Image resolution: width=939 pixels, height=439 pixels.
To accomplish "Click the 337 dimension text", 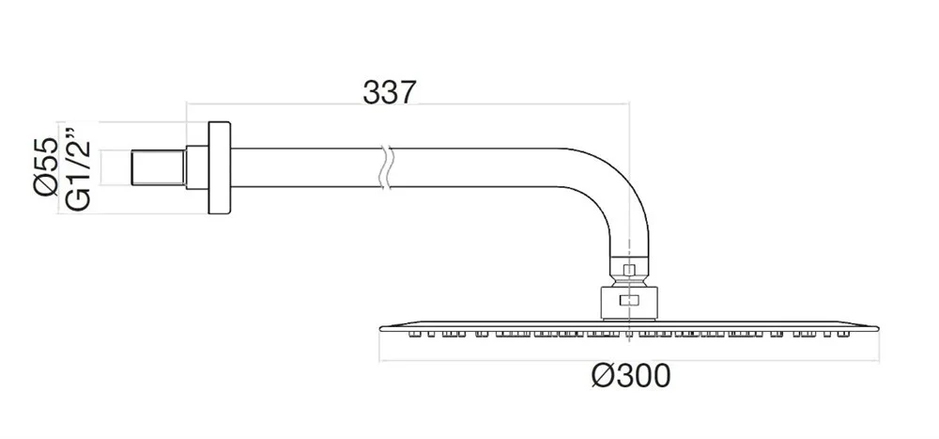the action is tap(389, 92).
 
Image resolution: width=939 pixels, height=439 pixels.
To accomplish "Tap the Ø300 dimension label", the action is tap(631, 376).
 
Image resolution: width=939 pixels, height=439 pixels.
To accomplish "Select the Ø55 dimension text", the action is tap(45, 166).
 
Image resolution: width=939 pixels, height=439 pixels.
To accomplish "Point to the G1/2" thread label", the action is tap(77, 168).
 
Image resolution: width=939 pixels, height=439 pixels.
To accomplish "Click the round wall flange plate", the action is tap(219, 168).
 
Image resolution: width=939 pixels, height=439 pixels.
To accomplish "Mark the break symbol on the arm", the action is tap(386, 167).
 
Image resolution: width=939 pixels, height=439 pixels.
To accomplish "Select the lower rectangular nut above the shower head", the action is tap(628, 303).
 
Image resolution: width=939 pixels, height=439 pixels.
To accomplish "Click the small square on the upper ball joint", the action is tap(628, 271).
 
